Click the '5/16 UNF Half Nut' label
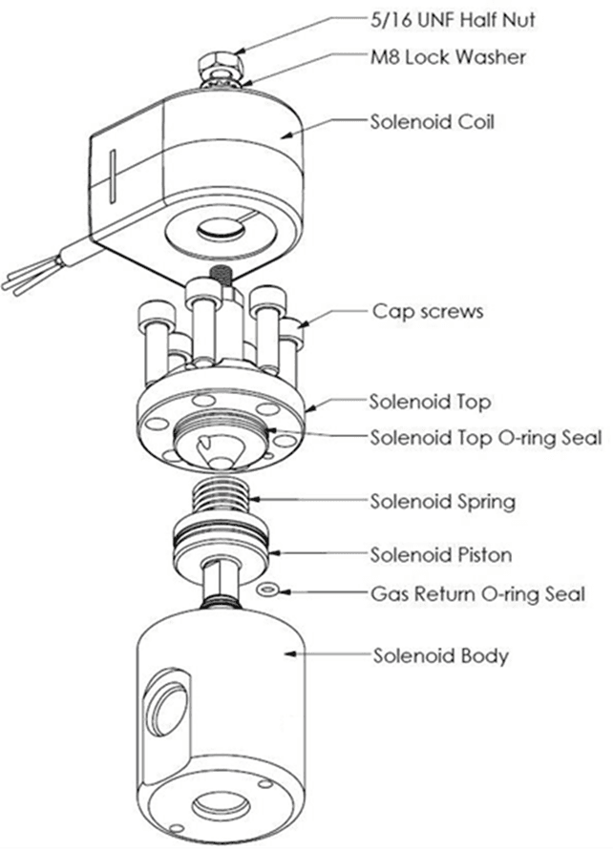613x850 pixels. coord(453,20)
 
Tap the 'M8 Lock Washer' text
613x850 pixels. coord(448,57)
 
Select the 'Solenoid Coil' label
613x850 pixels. coord(433,121)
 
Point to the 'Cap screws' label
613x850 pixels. coord(428,312)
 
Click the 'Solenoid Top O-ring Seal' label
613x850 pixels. coord(486,438)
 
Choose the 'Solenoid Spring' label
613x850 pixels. coord(443,501)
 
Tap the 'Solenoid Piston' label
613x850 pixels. coord(441,554)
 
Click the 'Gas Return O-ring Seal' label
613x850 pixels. coord(478,593)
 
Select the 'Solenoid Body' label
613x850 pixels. coord(441,656)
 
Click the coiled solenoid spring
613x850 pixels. coord(221,497)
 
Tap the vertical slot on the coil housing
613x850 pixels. coord(113,176)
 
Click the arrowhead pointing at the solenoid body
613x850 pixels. coord(291,653)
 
